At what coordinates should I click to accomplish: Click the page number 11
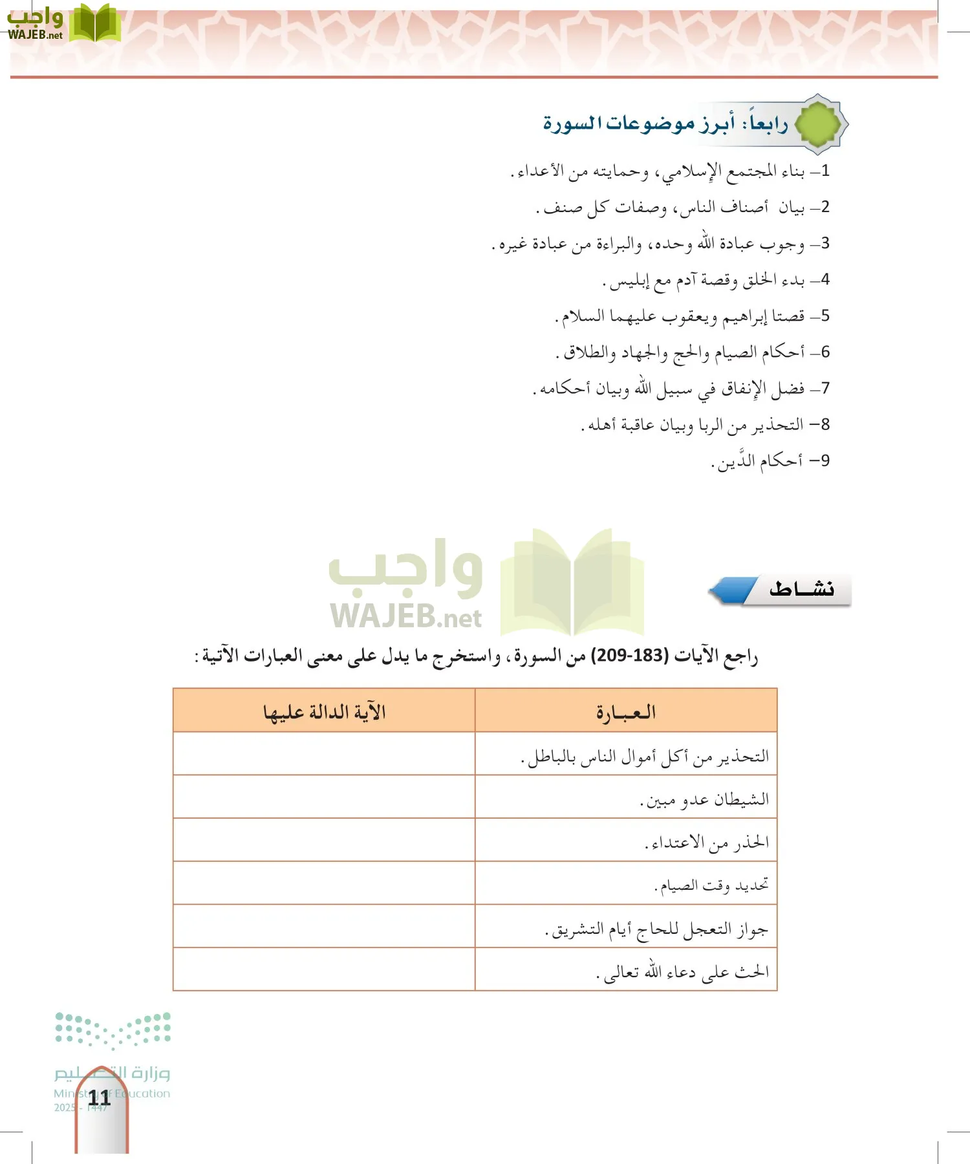(x=100, y=1097)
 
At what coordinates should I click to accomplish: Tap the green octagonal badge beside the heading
(x=819, y=124)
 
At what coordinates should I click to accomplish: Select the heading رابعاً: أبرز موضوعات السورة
(x=665, y=123)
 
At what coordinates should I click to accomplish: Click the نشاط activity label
(x=801, y=589)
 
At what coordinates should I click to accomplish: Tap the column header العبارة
(x=625, y=712)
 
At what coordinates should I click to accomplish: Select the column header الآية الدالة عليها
(x=324, y=712)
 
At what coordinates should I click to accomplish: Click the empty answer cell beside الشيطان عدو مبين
(x=324, y=797)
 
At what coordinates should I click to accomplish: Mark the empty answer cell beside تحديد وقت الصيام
(x=324, y=883)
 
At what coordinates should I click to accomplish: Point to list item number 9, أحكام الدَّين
(x=770, y=461)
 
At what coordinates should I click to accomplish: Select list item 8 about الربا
(x=705, y=425)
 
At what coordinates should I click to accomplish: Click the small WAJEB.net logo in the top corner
(x=63, y=23)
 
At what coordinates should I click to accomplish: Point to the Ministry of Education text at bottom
(x=112, y=1094)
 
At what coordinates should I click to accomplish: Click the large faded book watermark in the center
(x=572, y=582)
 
